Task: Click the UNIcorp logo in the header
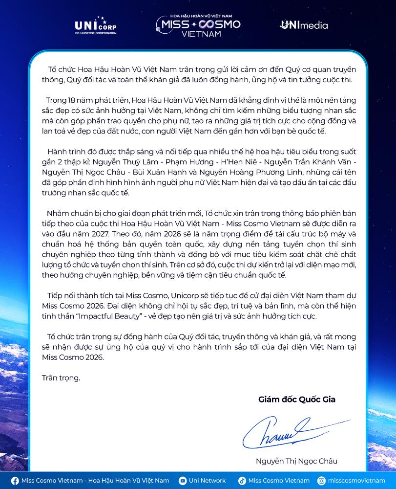96,25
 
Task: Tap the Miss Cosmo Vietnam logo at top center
198,25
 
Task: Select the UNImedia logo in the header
304,25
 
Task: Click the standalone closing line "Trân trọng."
61,378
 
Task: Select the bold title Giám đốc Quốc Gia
297,400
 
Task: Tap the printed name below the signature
296,461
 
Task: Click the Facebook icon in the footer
15,481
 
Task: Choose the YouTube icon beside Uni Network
183,481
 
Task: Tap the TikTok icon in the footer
242,481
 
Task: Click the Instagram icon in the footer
321,481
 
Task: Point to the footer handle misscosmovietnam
356,481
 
